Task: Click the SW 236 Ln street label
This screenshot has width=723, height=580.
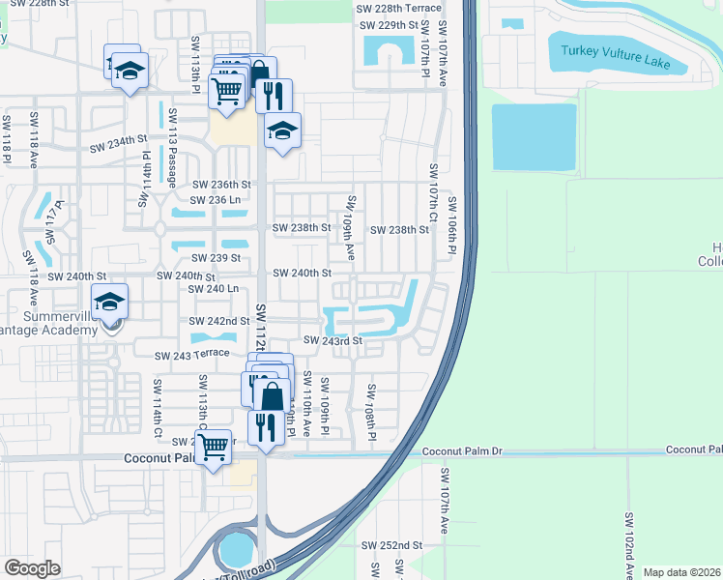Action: click(216, 199)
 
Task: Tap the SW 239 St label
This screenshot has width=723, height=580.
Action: click(217, 258)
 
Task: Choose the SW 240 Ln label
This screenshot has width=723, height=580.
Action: click(214, 289)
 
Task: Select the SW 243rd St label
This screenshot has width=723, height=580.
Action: click(333, 340)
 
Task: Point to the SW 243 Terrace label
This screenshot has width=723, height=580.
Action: click(191, 354)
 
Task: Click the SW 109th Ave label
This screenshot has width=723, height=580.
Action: click(351, 228)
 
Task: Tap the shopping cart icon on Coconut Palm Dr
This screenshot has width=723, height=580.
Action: click(213, 446)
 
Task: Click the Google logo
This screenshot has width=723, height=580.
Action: click(33, 568)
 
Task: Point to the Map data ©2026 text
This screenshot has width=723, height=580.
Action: click(680, 572)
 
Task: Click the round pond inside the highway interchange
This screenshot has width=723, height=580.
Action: click(235, 550)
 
